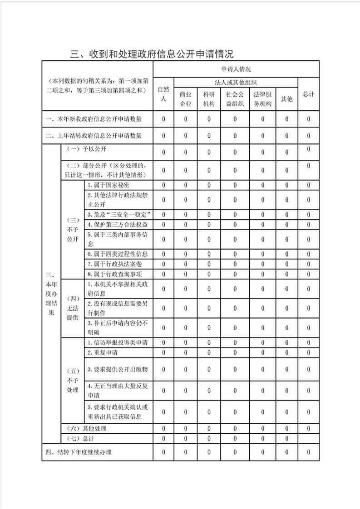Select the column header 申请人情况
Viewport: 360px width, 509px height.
coord(236,69)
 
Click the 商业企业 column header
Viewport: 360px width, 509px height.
coord(186,99)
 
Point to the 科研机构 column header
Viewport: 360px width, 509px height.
coord(209,99)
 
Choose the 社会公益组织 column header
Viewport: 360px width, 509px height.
coord(235,99)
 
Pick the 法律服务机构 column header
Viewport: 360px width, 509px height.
coord(262,99)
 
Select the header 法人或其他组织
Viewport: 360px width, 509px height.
coord(236,82)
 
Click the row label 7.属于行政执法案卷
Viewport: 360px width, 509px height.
coord(111,264)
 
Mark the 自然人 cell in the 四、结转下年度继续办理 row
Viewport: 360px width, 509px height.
coord(163,452)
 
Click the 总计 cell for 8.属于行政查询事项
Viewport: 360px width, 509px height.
coord(308,274)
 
